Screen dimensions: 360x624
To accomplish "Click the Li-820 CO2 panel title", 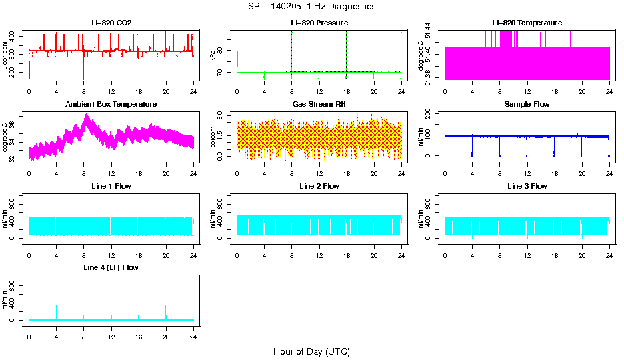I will [x=111, y=23].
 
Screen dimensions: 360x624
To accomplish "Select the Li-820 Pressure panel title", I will [x=319, y=23].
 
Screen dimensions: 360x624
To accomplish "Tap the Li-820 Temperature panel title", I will [x=527, y=23].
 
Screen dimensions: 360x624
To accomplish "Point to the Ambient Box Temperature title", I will [x=111, y=105].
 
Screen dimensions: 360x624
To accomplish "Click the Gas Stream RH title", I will [x=319, y=105].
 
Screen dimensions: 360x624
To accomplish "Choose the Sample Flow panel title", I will [x=527, y=105].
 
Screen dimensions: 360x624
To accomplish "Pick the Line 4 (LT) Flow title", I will [x=111, y=267].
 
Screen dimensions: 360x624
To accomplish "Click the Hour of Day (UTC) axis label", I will [x=311, y=351].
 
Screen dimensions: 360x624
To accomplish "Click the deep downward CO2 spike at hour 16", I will [x=139, y=75].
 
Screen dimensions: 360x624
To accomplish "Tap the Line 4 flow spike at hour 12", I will [x=111, y=307].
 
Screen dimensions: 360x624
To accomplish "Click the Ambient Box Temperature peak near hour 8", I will [x=86, y=115].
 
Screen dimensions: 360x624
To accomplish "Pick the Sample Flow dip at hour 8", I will [x=499, y=155].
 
